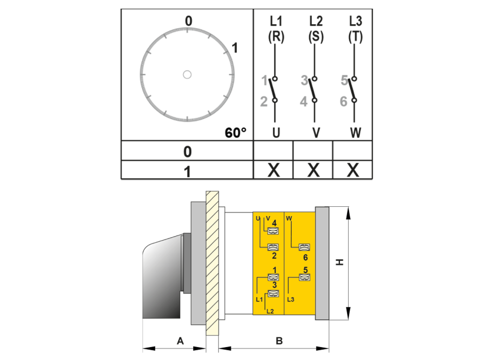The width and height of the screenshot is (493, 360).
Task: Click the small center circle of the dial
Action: (x=187, y=75)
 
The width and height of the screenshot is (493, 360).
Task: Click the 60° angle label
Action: (x=235, y=133)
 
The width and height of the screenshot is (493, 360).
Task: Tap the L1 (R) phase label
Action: (x=276, y=29)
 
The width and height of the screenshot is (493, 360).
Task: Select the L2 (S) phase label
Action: (x=316, y=29)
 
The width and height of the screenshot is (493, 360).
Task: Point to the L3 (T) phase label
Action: (x=356, y=29)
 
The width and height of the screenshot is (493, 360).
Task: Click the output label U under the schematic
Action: (x=276, y=133)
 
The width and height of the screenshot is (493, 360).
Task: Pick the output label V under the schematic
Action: (x=316, y=133)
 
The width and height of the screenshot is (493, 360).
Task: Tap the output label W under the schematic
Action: (x=356, y=133)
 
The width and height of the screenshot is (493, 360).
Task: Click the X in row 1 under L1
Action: (x=273, y=170)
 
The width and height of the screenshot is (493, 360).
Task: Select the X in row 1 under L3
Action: (x=353, y=170)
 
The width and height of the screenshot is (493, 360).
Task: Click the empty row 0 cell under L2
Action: (x=313, y=151)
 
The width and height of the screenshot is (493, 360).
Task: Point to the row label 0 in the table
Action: (x=187, y=152)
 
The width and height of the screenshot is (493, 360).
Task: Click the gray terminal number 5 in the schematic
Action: (x=344, y=80)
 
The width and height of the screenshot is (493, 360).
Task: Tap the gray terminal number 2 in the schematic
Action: (x=264, y=101)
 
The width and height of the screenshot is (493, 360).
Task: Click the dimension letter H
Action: (x=339, y=262)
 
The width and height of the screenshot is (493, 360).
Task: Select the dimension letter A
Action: (x=180, y=341)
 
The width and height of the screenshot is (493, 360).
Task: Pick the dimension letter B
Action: (x=279, y=341)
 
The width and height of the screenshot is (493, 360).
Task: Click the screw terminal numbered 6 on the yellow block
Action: (x=304, y=247)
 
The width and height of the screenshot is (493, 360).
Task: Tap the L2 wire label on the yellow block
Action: (x=270, y=311)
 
